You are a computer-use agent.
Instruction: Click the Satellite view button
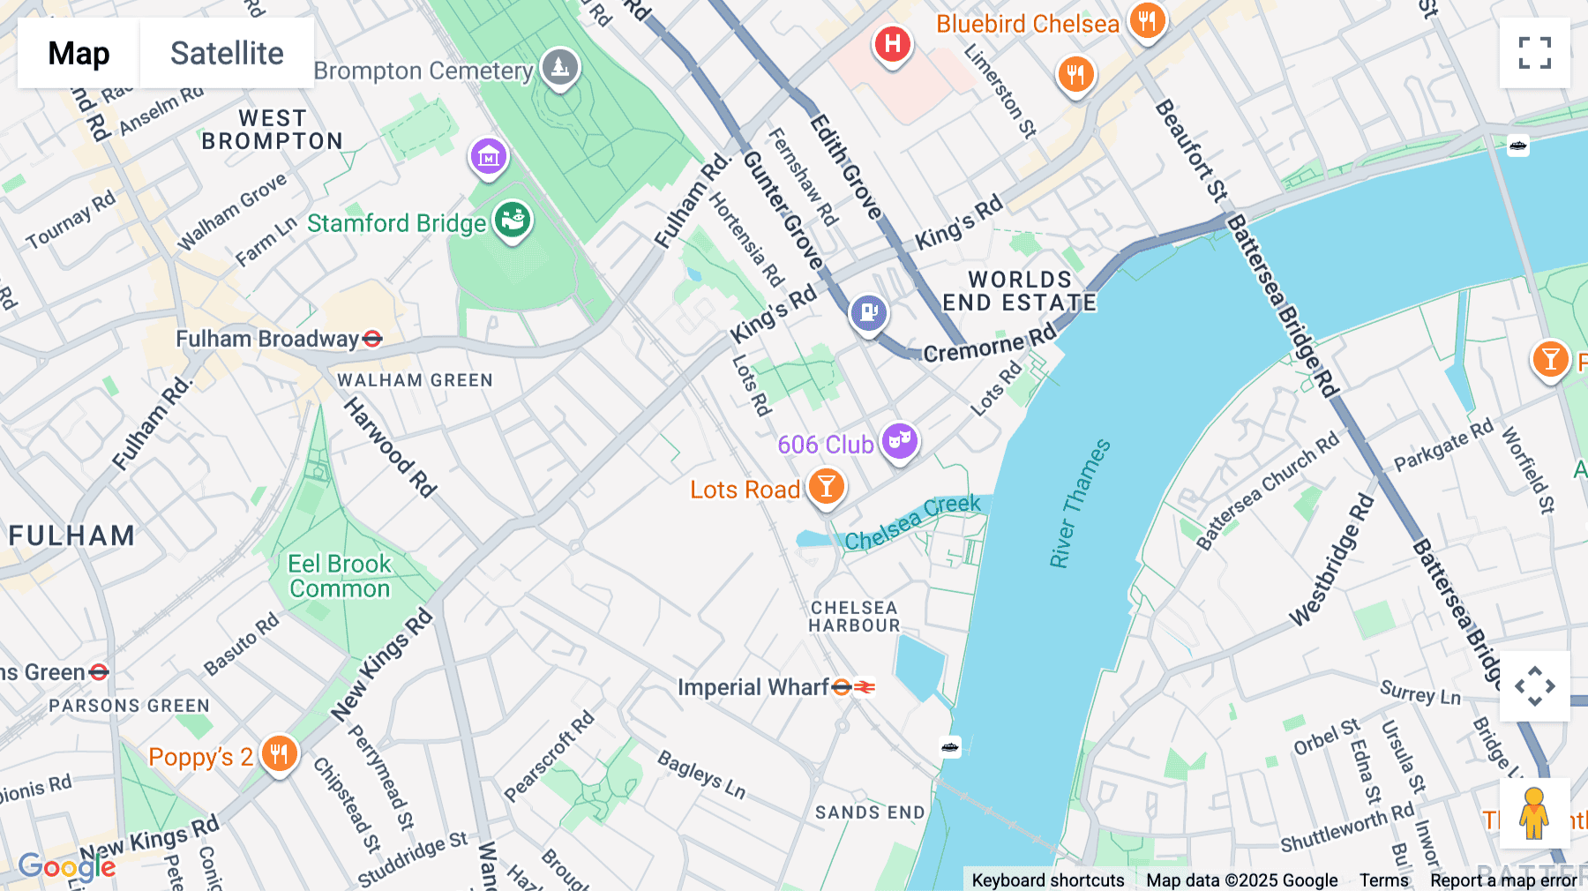coord(227,53)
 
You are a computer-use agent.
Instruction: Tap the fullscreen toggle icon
coord(1534,53)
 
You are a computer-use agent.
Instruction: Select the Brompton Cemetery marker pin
coord(559,68)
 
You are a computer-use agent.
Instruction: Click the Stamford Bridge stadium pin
coord(513,220)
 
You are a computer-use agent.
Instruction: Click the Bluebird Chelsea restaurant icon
coord(1147,21)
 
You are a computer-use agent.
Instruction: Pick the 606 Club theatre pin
coord(900,439)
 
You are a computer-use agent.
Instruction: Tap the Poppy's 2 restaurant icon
coord(279,754)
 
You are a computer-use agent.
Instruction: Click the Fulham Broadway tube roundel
coord(372,339)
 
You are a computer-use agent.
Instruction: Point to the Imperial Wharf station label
coord(753,687)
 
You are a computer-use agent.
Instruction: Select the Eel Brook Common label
coord(340,576)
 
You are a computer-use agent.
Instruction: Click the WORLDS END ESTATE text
coord(1020,291)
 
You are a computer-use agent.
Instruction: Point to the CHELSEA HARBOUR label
coord(854,617)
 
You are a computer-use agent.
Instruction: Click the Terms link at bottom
coord(1383,880)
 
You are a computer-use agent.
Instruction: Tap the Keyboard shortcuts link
coord(1047,880)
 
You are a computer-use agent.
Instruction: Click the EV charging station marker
coord(868,312)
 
